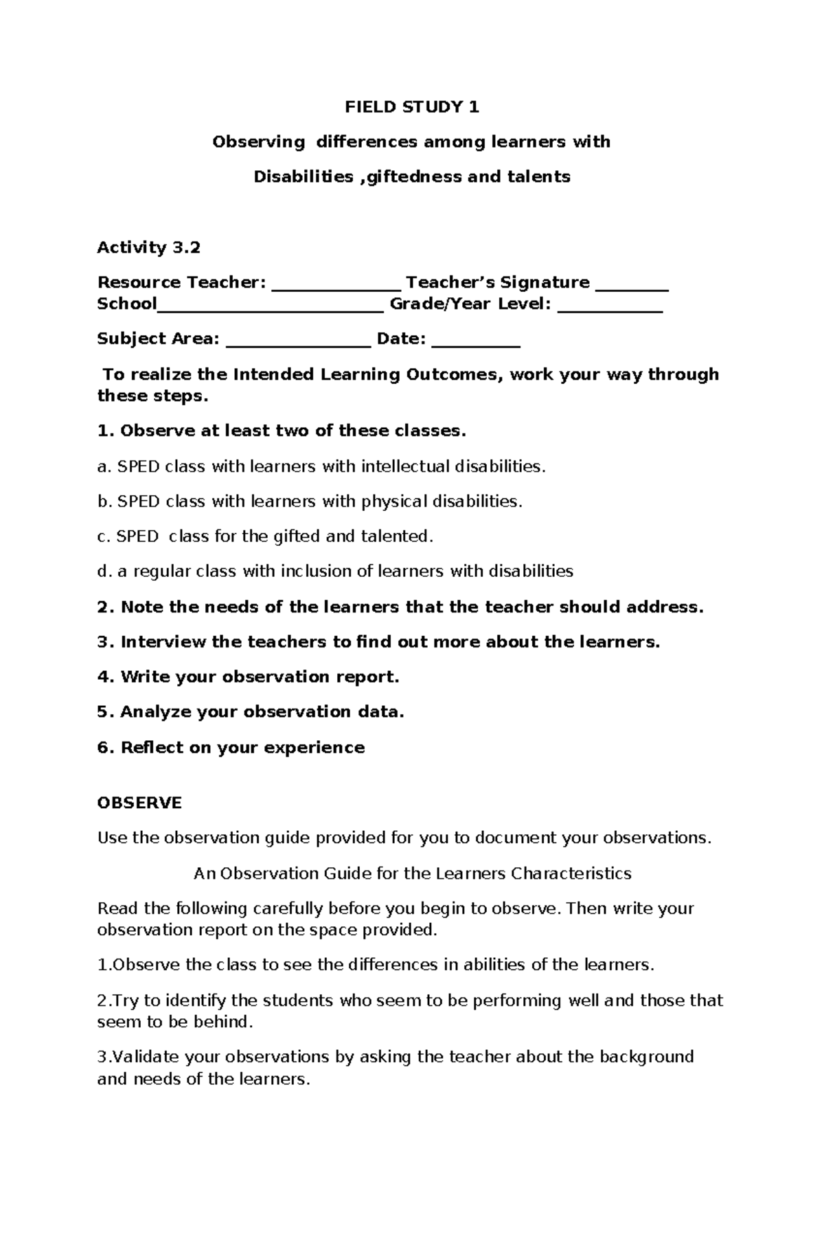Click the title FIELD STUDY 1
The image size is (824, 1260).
[411, 106]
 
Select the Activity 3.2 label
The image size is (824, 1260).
[148, 247]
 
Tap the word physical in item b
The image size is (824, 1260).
[394, 501]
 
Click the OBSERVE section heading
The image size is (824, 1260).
[139, 803]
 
